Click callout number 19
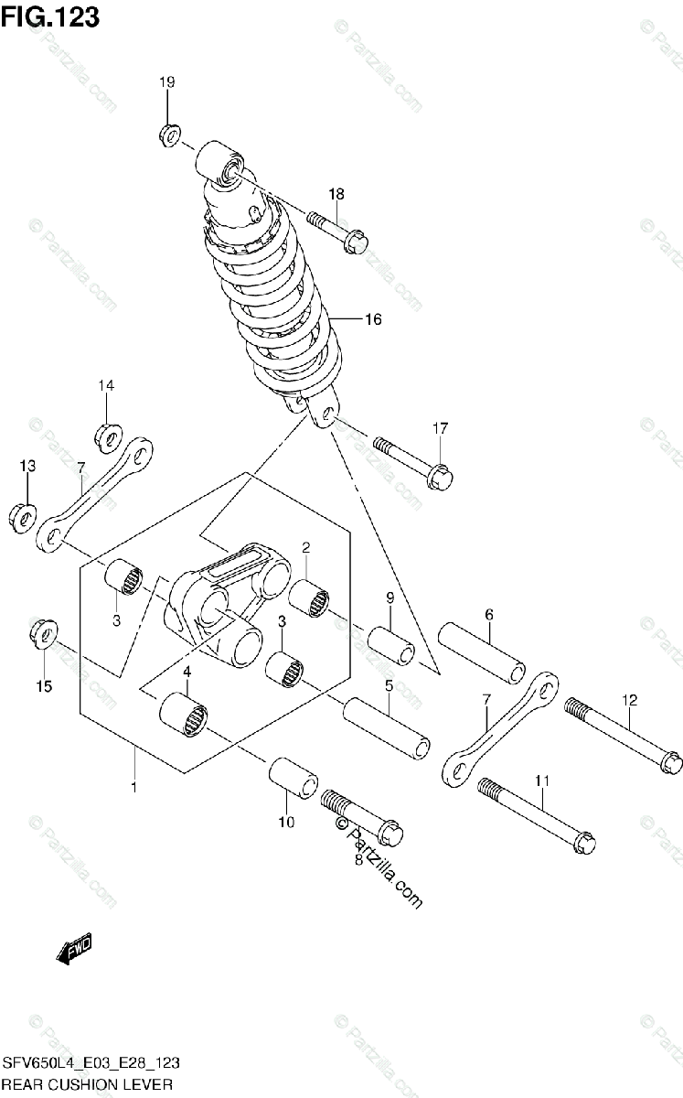166,83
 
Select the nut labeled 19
167,135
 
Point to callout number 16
372,319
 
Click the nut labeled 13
23,515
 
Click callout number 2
306,548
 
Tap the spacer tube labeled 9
391,646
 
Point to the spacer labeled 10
293,779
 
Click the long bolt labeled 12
625,737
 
